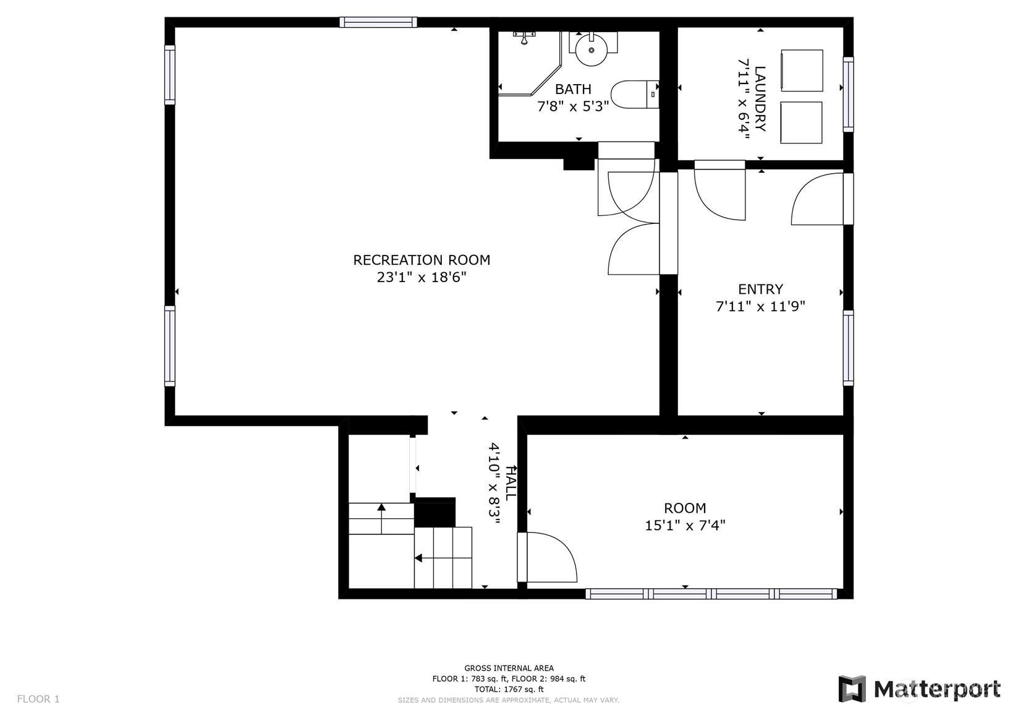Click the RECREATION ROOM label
pyautogui.click(x=422, y=260)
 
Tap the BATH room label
pyautogui.click(x=573, y=89)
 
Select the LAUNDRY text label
pyautogui.click(x=760, y=99)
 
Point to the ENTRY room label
pyautogui.click(x=760, y=289)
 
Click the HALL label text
pyautogui.click(x=511, y=483)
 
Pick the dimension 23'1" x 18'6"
pyautogui.click(x=422, y=278)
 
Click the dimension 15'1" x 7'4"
pyautogui.click(x=685, y=526)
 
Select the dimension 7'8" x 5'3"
pyautogui.click(x=572, y=106)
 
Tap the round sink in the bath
pyautogui.click(x=592, y=50)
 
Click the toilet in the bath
pyautogui.click(x=635, y=95)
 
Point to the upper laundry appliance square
pyautogui.click(x=802, y=71)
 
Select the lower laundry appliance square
pyautogui.click(x=801, y=123)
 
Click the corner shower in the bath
pyautogui.click(x=530, y=63)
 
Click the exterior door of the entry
pyautogui.click(x=822, y=199)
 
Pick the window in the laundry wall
pyautogui.click(x=848, y=95)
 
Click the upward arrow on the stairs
pyautogui.click(x=381, y=518)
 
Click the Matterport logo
pyautogui.click(x=919, y=690)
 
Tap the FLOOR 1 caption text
pyautogui.click(x=38, y=699)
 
